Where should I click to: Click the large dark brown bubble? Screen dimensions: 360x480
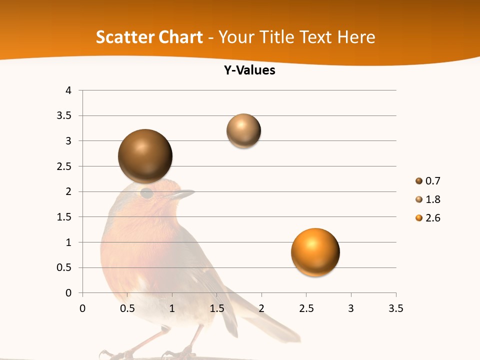pos(145,155)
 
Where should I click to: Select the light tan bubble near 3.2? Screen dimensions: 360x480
pos(243,130)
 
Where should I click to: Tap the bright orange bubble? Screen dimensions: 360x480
pos(315,251)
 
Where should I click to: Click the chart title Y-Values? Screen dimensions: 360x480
pos(249,70)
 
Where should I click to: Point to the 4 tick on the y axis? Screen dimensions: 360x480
pos(68,90)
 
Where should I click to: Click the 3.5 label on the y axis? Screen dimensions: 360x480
pos(64,116)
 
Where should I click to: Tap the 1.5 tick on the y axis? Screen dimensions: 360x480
pos(64,217)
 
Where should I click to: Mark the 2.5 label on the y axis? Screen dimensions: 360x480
pos(64,166)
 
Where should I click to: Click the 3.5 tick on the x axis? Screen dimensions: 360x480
pos(395,308)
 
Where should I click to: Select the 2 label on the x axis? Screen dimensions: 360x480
pos(261,308)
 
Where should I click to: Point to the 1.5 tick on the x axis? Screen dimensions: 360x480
pos(216,308)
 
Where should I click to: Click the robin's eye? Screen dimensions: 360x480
pos(146,193)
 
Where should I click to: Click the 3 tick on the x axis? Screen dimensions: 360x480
pos(351,308)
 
